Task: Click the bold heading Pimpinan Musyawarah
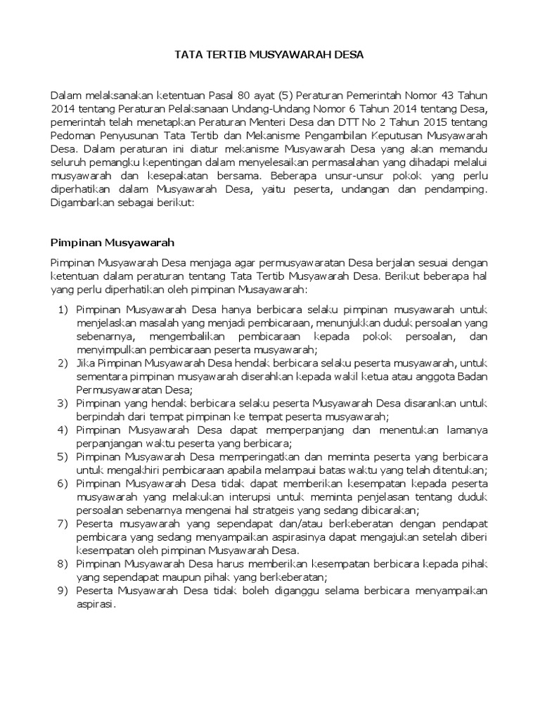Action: pyautogui.click(x=112, y=243)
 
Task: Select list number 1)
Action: pyautogui.click(x=63, y=309)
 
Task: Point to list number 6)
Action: pyautogui.click(x=63, y=484)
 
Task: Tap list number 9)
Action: pyautogui.click(x=63, y=591)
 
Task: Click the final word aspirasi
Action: pyautogui.click(x=94, y=604)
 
